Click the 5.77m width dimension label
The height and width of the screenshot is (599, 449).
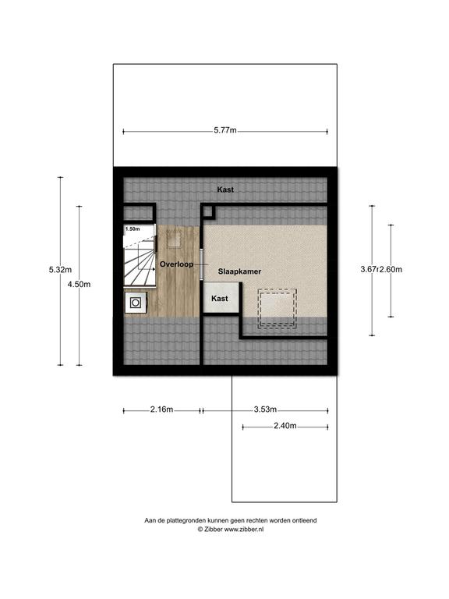click(224, 130)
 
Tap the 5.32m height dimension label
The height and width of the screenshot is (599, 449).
click(60, 270)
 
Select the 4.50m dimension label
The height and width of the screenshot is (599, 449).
click(79, 284)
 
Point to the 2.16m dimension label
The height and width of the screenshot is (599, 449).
click(161, 409)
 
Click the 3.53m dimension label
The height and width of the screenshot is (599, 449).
click(265, 409)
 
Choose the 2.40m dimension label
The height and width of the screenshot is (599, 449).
click(285, 426)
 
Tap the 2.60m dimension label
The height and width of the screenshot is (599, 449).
click(391, 269)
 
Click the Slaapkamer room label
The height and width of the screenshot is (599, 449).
click(240, 271)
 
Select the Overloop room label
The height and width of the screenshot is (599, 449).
click(176, 264)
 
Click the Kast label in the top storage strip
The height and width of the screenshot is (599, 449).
click(225, 190)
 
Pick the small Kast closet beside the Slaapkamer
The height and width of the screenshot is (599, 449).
click(221, 298)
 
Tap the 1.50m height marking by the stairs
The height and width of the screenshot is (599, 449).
click(133, 229)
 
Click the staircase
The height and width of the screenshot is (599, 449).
click(140, 255)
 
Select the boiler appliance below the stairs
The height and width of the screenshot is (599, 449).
click(135, 303)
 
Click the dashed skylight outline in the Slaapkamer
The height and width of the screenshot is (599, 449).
click(278, 308)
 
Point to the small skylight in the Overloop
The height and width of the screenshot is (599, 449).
click(174, 239)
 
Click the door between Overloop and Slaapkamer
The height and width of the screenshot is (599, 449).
click(202, 264)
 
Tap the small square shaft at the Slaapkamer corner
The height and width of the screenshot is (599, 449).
click(209, 212)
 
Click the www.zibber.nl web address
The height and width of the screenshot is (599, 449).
click(243, 529)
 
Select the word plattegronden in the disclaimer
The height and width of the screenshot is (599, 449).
click(187, 520)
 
